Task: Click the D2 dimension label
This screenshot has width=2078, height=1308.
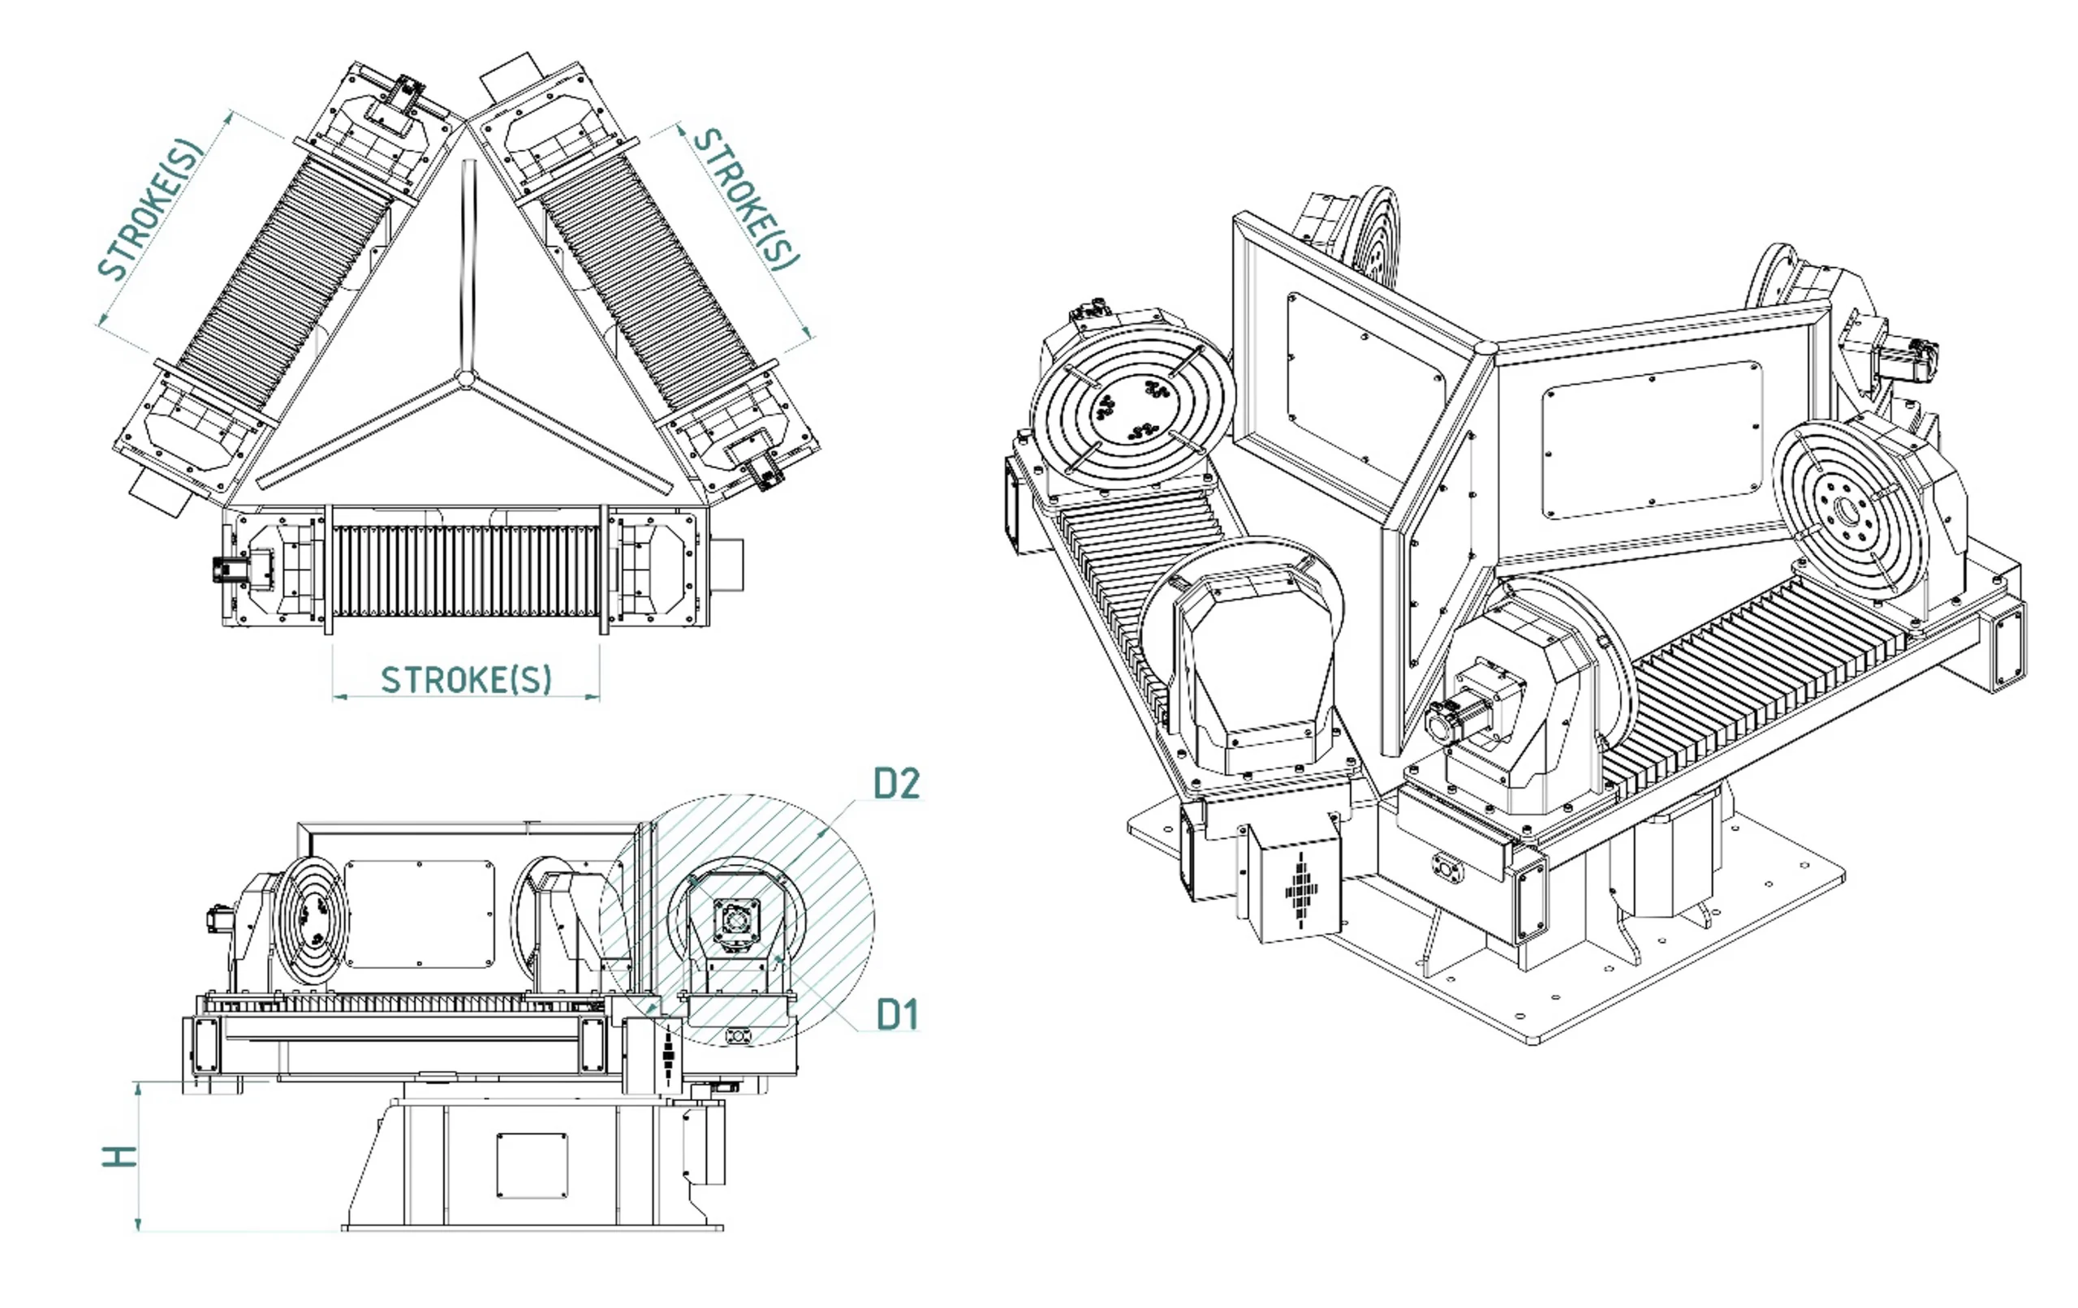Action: (x=897, y=782)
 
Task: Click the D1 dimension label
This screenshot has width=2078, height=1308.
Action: (x=897, y=1013)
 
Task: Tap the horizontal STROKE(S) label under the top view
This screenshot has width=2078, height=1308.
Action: (x=466, y=680)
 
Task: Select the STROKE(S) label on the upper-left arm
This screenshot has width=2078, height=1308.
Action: (x=150, y=209)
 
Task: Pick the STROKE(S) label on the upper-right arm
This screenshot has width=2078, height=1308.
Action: (x=748, y=199)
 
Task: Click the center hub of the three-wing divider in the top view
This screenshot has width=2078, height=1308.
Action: (x=465, y=377)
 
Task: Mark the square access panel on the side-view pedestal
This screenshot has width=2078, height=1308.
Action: (x=532, y=1166)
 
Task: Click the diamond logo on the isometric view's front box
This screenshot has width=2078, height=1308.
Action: (x=1301, y=888)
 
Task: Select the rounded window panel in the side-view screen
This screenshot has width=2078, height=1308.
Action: (x=420, y=913)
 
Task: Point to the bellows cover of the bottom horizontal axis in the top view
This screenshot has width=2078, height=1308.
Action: (x=466, y=570)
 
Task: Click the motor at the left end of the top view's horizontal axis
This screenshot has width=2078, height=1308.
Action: (x=227, y=570)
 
